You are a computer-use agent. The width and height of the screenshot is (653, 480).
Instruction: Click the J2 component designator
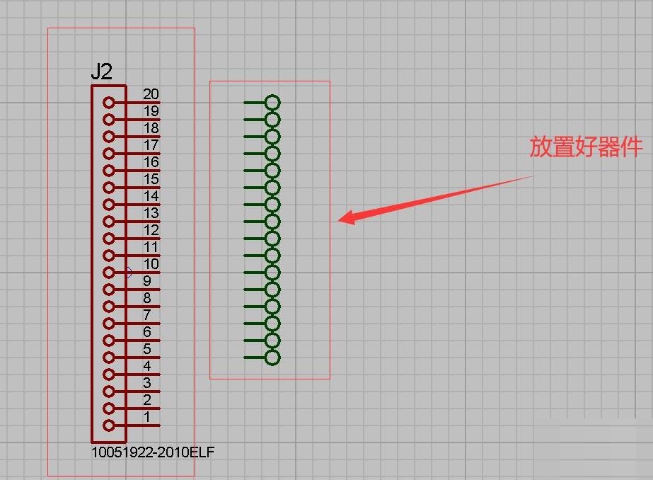[x=102, y=72]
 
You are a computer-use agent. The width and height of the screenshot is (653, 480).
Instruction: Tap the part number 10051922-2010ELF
[x=153, y=452]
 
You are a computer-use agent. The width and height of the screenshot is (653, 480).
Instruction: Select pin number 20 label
[x=151, y=93]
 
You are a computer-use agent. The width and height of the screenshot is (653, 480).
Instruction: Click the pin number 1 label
[x=146, y=417]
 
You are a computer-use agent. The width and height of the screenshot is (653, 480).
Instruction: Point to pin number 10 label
[x=151, y=264]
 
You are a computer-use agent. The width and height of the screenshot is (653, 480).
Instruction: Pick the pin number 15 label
[x=151, y=178]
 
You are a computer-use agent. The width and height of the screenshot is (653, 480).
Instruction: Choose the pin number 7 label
[x=146, y=314]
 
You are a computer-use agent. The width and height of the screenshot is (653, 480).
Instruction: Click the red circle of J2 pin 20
[x=109, y=98]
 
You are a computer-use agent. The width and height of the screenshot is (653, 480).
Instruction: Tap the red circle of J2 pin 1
[x=109, y=421]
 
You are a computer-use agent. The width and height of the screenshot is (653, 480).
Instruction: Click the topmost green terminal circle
[x=272, y=96]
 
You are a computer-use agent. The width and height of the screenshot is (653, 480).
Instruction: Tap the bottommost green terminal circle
[x=272, y=350]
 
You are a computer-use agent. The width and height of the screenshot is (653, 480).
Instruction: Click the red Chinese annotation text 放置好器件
[x=586, y=147]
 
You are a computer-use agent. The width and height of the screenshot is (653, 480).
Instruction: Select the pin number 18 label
[x=151, y=128]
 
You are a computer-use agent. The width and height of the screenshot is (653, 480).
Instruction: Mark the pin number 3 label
[x=146, y=382]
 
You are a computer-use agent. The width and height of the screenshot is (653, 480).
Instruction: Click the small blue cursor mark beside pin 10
[x=129, y=273]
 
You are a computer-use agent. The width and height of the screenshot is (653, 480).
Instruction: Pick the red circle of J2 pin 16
[x=109, y=166]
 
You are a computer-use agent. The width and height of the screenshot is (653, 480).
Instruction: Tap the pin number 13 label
[x=151, y=213]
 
